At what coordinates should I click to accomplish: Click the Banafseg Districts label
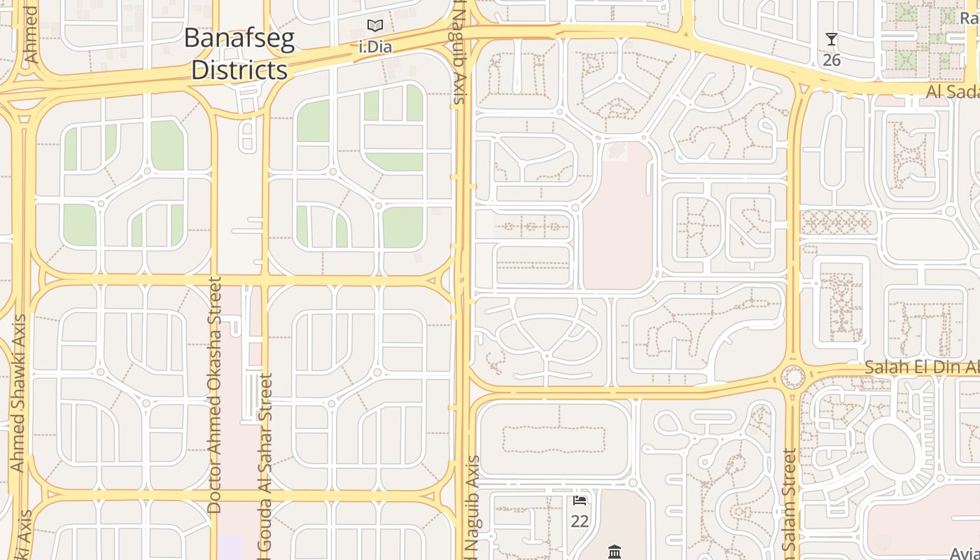tap(239, 54)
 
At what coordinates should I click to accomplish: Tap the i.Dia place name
tap(375, 48)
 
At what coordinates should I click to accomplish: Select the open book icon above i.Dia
tap(375, 27)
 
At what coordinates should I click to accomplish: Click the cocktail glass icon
tap(832, 39)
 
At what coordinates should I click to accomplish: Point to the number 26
tap(832, 60)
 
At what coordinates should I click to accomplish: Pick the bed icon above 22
tap(580, 500)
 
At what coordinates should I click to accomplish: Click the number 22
tap(580, 521)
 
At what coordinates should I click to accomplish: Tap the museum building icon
tap(615, 552)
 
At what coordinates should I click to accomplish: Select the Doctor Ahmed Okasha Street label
tap(215, 395)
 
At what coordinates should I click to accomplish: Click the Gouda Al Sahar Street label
tap(266, 465)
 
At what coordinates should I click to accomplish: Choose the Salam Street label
tap(790, 504)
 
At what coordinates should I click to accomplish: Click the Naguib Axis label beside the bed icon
tap(473, 507)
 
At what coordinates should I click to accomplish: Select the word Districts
tap(239, 70)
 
